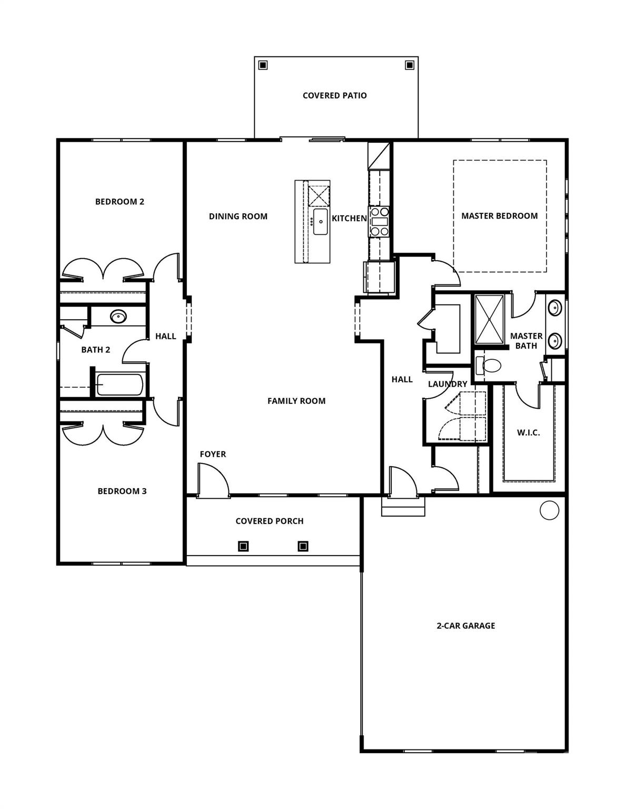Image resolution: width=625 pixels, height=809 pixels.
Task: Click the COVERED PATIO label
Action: (334, 95)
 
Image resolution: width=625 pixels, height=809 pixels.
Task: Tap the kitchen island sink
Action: (320, 222)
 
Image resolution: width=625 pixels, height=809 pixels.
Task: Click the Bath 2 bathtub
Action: (120, 384)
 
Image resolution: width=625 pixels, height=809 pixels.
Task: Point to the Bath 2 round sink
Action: (118, 317)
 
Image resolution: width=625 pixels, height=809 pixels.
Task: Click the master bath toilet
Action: (492, 365)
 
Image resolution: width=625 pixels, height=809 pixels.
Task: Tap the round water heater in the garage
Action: (549, 510)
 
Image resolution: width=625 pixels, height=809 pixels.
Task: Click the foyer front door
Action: (212, 479)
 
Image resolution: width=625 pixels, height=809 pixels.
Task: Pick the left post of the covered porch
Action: (243, 546)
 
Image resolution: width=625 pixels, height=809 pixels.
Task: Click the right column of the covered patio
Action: (409, 65)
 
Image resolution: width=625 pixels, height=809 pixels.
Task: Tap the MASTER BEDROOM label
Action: (499, 215)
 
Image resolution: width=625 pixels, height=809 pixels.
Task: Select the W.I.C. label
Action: (528, 432)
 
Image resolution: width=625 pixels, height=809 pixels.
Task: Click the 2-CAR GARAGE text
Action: (465, 626)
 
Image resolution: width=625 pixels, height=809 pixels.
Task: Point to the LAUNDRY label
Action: (447, 384)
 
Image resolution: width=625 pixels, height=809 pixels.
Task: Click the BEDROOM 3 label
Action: (122, 491)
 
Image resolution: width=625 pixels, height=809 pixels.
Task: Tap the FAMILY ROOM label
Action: (296, 401)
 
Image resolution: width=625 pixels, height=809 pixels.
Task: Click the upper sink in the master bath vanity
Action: (553, 307)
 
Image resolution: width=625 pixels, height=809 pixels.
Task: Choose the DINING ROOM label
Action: (238, 216)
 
